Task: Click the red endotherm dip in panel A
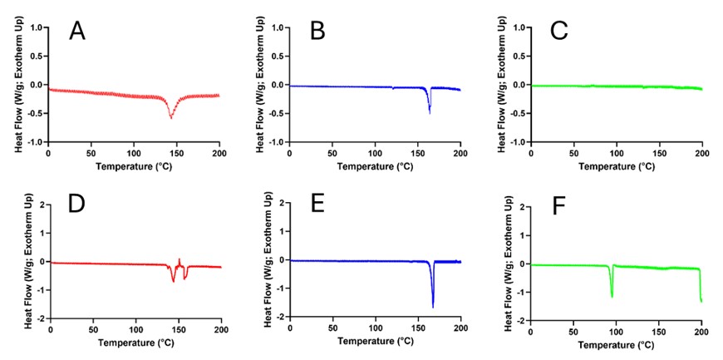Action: coord(171,116)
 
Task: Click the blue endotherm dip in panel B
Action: coord(430,111)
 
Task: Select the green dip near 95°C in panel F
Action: coord(612,295)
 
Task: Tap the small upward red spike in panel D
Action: coord(180,259)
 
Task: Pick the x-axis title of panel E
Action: coord(375,342)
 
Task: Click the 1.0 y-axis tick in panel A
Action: coord(36,27)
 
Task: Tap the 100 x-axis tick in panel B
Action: coord(375,154)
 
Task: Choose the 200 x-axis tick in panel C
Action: coord(701,154)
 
